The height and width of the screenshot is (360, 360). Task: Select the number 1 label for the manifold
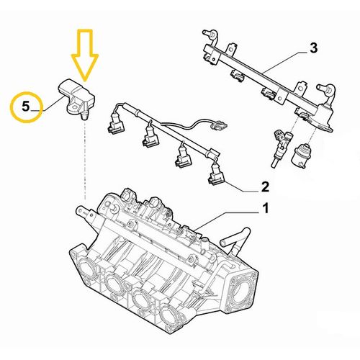click(264, 210)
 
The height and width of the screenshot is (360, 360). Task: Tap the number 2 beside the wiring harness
click(264, 188)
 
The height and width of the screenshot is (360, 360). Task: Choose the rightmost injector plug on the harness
click(215, 174)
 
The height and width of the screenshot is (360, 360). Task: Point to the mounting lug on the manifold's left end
click(81, 210)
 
